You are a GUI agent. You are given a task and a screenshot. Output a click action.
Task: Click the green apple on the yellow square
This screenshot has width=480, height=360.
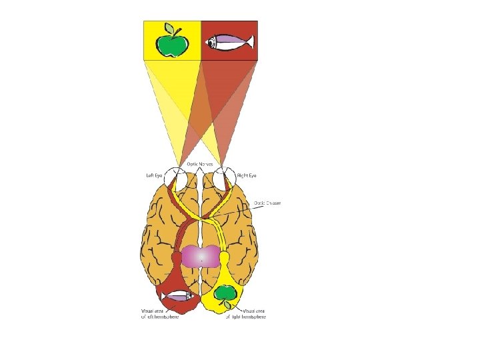pyautogui.click(x=172, y=44)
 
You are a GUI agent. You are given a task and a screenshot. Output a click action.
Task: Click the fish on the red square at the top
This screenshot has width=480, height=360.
pyautogui.click(x=229, y=43)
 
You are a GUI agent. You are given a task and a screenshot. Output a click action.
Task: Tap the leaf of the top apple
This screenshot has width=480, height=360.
pyautogui.click(x=178, y=30)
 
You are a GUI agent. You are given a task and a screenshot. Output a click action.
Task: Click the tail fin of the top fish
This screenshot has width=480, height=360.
pyautogui.click(x=249, y=43)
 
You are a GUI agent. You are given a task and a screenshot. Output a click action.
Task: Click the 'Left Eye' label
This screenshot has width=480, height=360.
pyautogui.click(x=155, y=175)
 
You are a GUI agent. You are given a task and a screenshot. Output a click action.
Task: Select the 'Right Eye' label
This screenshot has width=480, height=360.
pyautogui.click(x=247, y=175)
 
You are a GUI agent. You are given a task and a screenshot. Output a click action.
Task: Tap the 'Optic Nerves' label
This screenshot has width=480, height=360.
pyautogui.click(x=201, y=164)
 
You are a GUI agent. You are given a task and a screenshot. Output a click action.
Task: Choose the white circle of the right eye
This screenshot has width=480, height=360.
pyautogui.click(x=225, y=179)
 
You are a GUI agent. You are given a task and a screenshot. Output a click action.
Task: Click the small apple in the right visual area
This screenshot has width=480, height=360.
pyautogui.click(x=225, y=293)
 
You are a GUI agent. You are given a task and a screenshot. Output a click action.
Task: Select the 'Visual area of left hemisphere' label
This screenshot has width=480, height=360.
pyautogui.click(x=159, y=314)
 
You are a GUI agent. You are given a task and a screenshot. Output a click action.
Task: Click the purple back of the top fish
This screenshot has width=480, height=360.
pyautogui.click(x=231, y=39)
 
